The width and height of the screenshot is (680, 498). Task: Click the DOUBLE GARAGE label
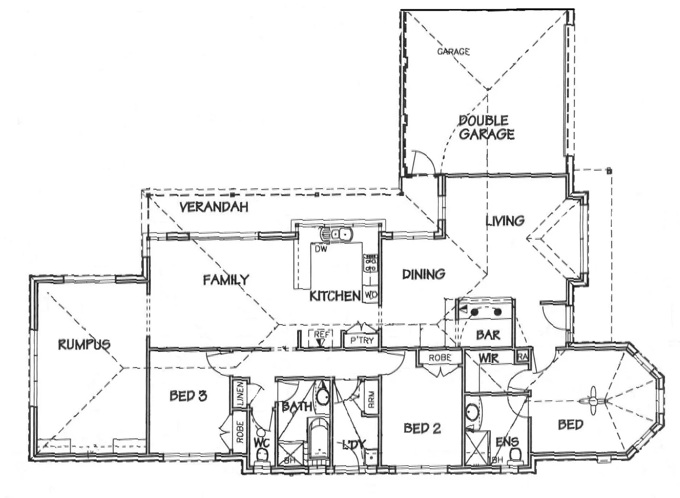[x=486, y=127]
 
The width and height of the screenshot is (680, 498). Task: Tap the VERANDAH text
[x=214, y=207]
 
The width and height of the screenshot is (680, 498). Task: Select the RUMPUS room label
[x=84, y=344]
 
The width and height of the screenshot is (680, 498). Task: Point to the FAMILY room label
[x=226, y=279]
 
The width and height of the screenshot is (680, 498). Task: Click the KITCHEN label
[x=334, y=296]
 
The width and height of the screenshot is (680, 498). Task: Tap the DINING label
[x=423, y=274]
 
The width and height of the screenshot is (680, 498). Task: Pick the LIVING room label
[x=505, y=221]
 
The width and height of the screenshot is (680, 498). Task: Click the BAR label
[x=488, y=335]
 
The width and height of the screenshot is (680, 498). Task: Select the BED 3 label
[x=188, y=396]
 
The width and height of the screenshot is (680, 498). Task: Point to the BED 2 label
[x=422, y=428]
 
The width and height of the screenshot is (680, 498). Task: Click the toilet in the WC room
[x=262, y=454]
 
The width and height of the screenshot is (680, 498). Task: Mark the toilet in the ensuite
[x=515, y=454]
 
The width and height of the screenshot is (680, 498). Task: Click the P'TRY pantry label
[x=362, y=340]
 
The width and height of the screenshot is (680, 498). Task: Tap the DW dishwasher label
[x=321, y=249]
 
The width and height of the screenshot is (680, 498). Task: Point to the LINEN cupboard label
[x=240, y=394]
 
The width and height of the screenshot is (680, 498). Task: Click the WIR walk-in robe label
[x=488, y=358]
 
